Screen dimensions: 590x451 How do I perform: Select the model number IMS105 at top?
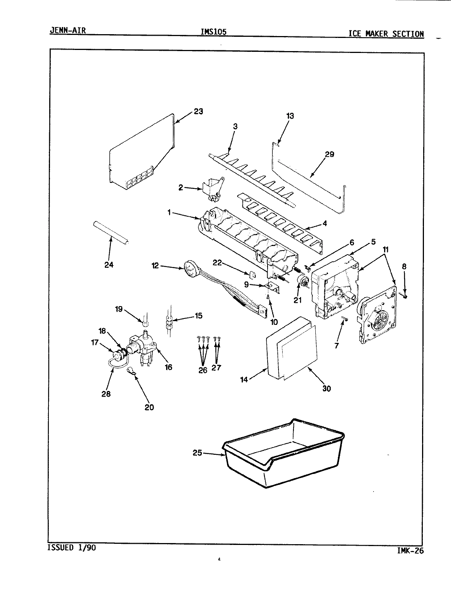point(214,32)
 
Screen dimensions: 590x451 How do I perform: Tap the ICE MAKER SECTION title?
point(386,34)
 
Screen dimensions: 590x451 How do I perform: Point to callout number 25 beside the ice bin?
point(198,453)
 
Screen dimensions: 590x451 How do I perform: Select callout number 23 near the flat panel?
point(198,112)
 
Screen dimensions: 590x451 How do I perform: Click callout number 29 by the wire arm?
point(329,154)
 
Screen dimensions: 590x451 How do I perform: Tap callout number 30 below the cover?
point(327,388)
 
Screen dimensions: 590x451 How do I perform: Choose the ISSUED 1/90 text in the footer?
point(71,548)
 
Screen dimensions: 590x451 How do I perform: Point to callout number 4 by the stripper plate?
point(324,223)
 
